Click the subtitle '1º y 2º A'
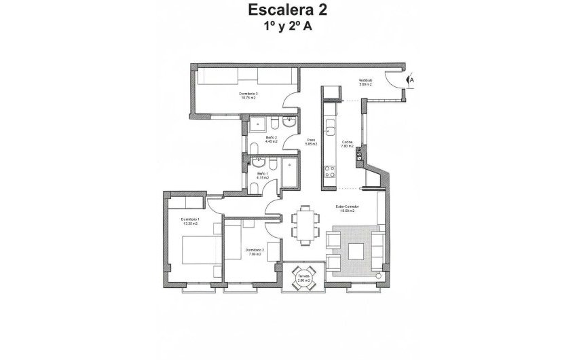288,27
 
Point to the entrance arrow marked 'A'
411,80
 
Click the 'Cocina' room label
346,143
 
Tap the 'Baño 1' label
262,175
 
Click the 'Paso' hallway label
310,143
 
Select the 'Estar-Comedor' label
347,208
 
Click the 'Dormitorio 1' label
190,221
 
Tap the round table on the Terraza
303,277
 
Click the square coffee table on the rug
356,251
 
